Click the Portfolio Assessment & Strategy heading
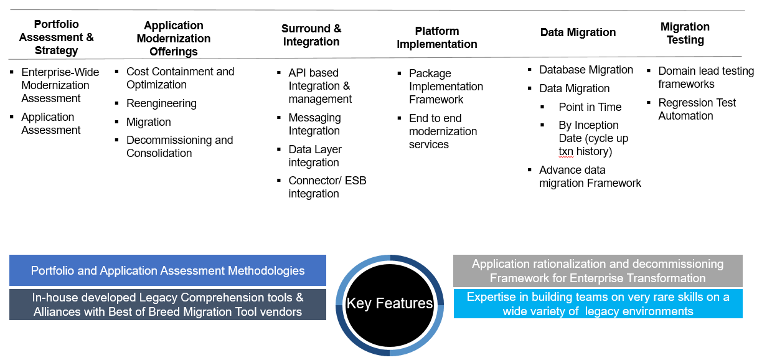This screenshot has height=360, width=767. (x=56, y=37)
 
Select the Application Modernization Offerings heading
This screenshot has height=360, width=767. (x=174, y=39)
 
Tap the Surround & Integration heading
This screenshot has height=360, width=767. (x=311, y=36)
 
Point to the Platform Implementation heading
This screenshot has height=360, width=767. (x=437, y=37)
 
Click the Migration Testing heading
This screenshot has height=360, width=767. (x=685, y=34)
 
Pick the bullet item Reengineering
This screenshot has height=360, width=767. (x=161, y=103)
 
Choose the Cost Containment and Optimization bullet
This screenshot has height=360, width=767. (x=180, y=78)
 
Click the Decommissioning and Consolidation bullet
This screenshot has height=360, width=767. (x=179, y=146)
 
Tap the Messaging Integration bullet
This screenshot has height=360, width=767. (x=314, y=124)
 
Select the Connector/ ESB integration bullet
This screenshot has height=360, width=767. (x=327, y=187)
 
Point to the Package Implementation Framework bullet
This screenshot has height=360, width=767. (x=446, y=87)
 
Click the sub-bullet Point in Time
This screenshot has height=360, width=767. (x=590, y=107)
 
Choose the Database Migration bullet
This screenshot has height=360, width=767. (x=586, y=70)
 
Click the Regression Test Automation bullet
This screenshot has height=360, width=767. (x=697, y=109)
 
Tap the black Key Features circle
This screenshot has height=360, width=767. (x=389, y=304)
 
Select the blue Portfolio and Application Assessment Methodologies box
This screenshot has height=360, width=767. (x=167, y=270)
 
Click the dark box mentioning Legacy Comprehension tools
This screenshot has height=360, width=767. (x=167, y=305)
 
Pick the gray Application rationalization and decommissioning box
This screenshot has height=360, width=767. (x=598, y=271)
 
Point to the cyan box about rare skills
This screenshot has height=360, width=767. (x=598, y=304)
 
